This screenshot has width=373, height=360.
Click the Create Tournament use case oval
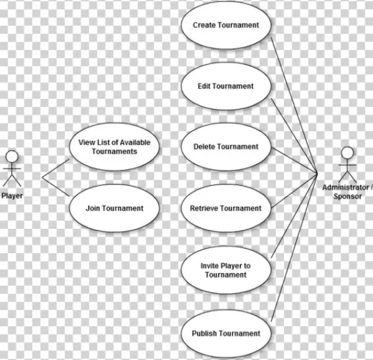225,25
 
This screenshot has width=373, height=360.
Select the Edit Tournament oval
225,86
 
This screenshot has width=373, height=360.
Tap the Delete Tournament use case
225,147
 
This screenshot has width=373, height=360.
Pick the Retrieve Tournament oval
225,208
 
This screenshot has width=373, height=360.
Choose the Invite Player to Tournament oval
225,270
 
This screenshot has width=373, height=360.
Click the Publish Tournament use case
225,333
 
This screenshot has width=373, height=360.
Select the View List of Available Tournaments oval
114,147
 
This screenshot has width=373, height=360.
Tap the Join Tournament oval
114,208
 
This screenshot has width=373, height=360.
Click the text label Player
12,196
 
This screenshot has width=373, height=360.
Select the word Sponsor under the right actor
348,196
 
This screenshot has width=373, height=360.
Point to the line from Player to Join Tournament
56,188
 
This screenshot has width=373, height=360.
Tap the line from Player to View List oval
56,168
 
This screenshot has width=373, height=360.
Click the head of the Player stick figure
12,155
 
